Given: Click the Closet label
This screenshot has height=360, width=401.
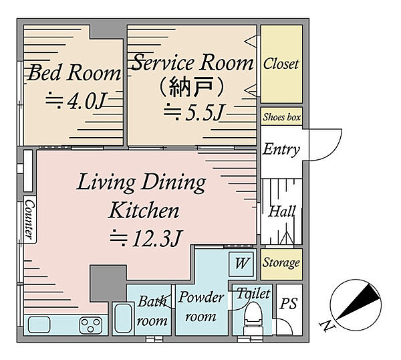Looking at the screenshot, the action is coord(281,64).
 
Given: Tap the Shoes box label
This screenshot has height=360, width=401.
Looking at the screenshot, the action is coord(281,117).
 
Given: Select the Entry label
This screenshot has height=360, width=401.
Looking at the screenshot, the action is coord(281,149).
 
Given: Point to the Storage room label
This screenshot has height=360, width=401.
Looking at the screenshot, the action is coord(281,263).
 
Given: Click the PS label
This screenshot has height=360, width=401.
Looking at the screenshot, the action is coord(289,304).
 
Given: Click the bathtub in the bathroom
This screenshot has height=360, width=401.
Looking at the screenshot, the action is coord(123,318).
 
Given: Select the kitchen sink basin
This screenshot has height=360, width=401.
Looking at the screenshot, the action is coord(39,325).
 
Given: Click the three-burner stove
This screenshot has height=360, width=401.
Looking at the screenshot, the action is coord(91,325).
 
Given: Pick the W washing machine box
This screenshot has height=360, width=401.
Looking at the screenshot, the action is coord(241,264).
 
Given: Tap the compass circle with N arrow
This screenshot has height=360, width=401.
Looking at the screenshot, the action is coord(356,304).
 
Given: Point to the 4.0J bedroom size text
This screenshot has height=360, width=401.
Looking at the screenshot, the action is coord(76,101).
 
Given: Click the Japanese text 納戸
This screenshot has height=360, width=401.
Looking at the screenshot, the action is coord(191,87).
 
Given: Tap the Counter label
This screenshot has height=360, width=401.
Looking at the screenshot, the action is coord(29,219).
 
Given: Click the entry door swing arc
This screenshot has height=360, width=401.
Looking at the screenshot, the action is coord(332,151).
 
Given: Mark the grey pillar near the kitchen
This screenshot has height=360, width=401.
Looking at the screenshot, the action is coord(108,283).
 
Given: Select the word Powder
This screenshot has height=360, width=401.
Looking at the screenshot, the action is coord(201,298).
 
